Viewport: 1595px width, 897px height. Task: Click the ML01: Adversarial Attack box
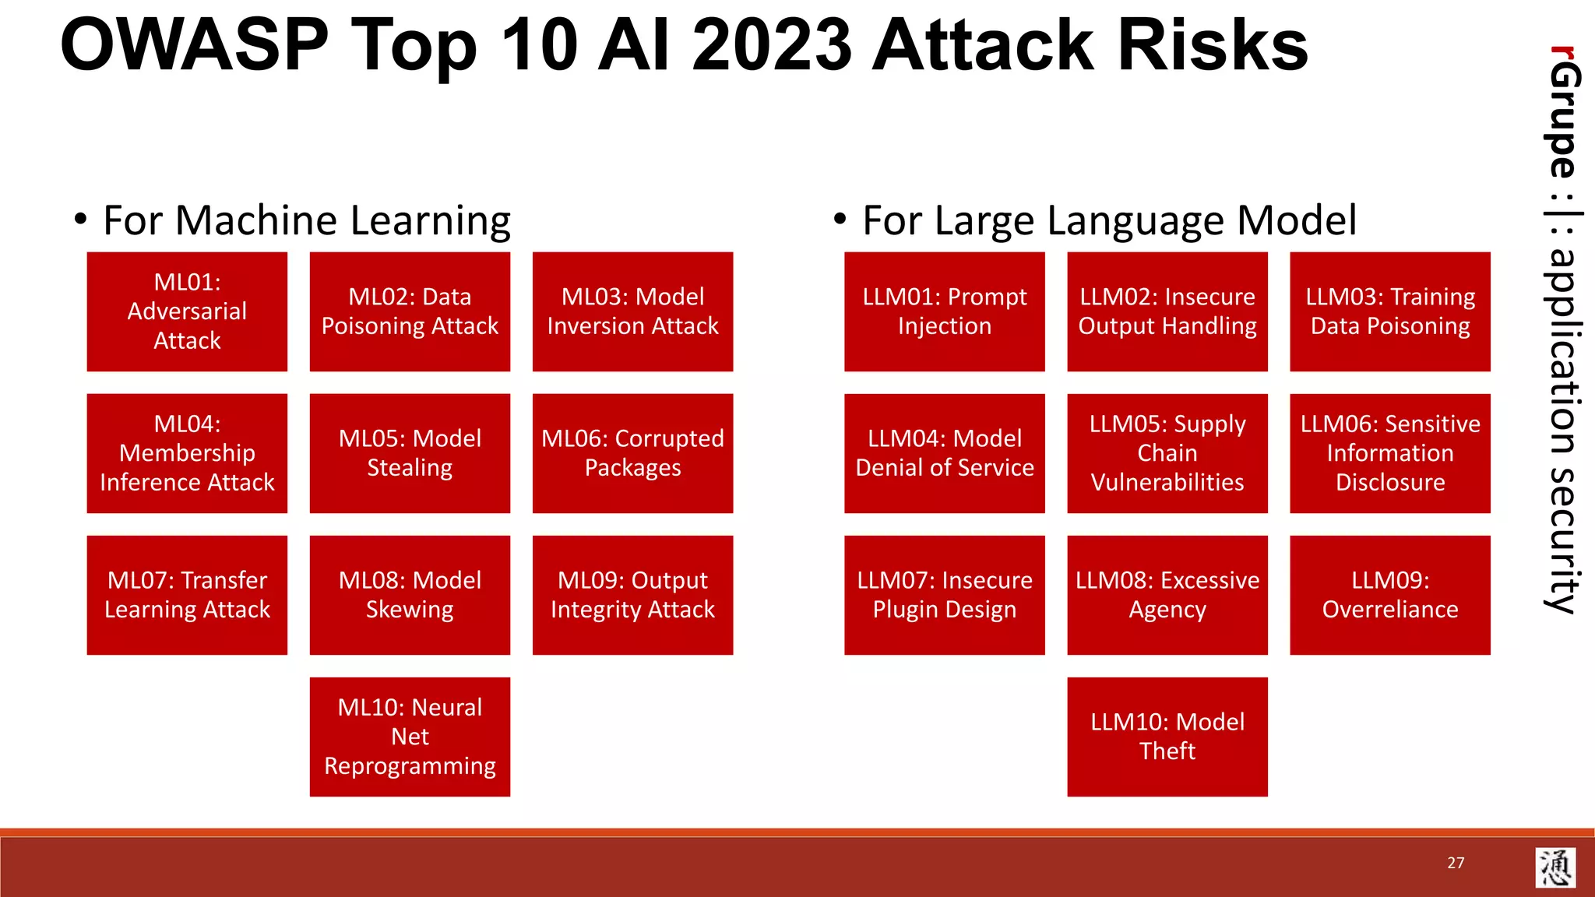click(187, 311)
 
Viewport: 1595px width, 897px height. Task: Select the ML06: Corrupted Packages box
click(632, 453)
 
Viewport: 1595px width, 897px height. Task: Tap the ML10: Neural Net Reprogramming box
click(410, 737)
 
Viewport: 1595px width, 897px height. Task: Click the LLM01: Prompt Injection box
click(944, 311)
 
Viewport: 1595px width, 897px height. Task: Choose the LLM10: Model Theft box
click(1167, 737)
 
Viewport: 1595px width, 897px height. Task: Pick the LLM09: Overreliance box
click(1389, 595)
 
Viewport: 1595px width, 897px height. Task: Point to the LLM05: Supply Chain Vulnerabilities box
click(1167, 453)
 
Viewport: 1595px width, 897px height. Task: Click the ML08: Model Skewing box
click(410, 595)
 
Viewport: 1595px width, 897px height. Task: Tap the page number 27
click(1456, 863)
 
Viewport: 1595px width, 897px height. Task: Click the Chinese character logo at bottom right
click(1555, 867)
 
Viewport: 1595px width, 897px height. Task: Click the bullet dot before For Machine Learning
click(80, 220)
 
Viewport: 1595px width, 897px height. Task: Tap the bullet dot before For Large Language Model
click(840, 220)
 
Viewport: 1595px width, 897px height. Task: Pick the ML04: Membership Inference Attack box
click(187, 453)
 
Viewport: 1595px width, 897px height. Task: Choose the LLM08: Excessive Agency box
click(1167, 595)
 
